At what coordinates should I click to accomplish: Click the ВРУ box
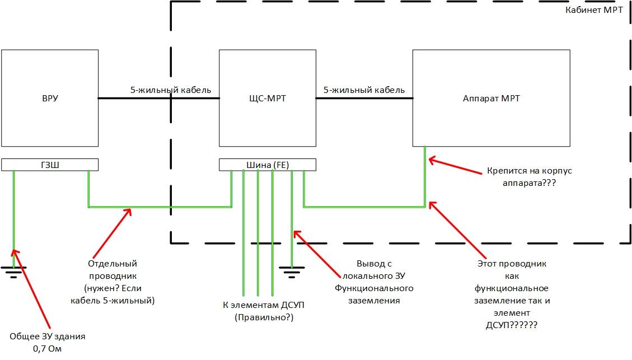click(50, 99)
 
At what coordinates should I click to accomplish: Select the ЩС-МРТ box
click(267, 99)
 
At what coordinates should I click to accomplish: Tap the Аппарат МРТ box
click(491, 99)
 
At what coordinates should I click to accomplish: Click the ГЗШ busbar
click(50, 165)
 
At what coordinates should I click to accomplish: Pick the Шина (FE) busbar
click(267, 165)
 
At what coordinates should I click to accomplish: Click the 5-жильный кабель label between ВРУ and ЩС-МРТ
click(170, 90)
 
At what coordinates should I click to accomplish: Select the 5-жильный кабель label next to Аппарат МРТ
click(364, 90)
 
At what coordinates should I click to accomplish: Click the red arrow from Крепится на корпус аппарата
click(456, 166)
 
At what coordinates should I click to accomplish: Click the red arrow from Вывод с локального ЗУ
click(316, 253)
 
